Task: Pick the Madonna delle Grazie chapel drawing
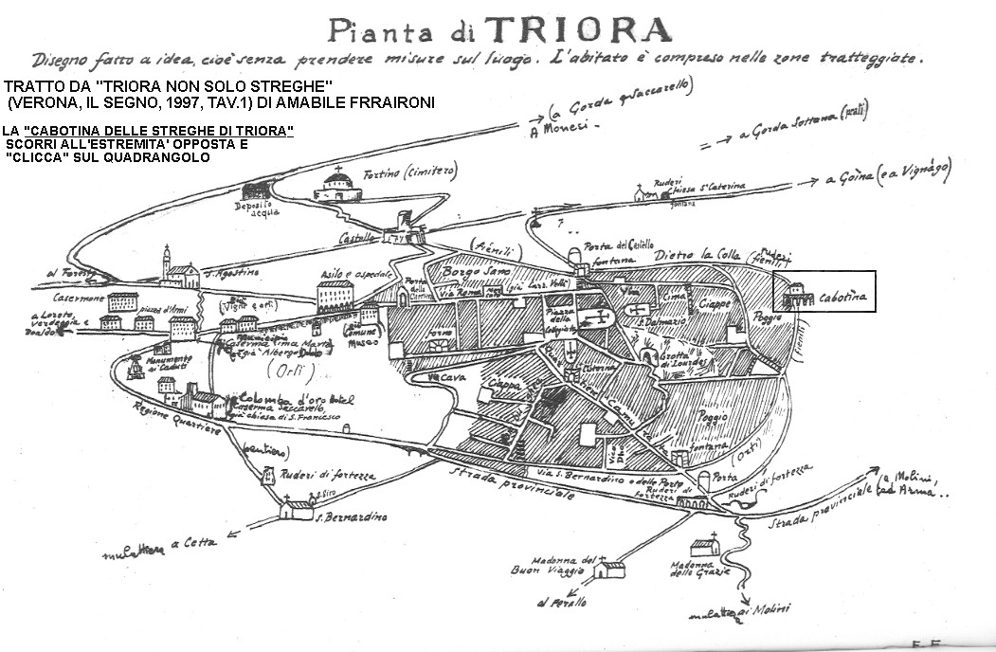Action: pos(705,548)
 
